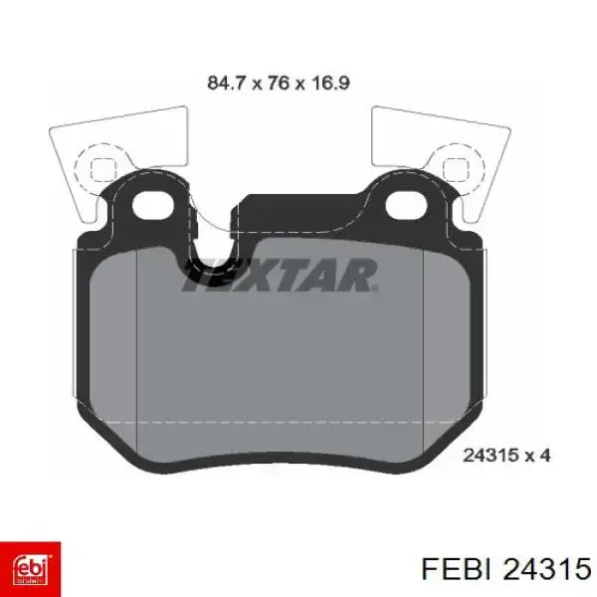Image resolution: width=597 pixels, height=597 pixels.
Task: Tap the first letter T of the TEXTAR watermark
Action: [197, 276]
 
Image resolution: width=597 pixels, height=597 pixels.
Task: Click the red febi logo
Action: [32, 566]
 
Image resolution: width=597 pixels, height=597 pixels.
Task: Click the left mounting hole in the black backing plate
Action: [151, 208]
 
